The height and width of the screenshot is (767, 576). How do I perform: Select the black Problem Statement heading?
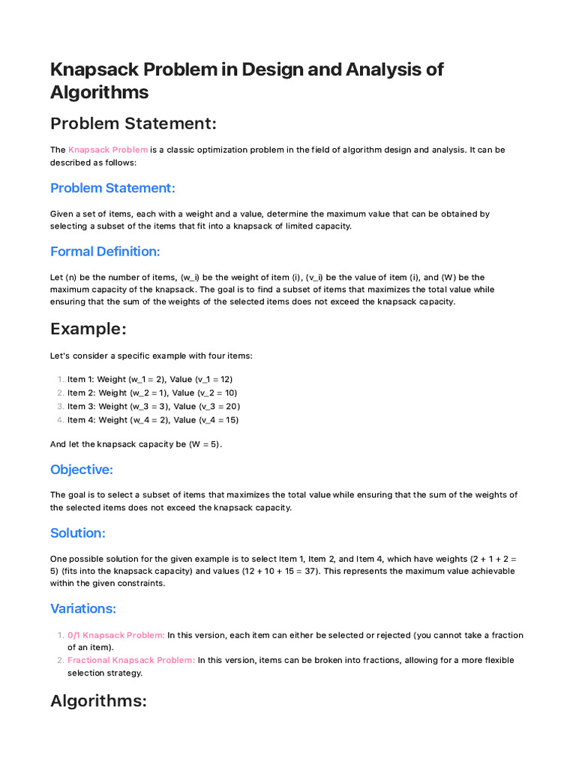pos(133,123)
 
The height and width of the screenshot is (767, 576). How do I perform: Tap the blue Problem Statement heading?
pos(112,187)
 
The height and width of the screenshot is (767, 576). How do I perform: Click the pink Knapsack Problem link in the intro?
pos(108,150)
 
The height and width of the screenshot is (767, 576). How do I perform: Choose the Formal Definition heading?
pos(105,251)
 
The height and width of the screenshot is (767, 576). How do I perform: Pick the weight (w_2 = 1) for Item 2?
pos(141,392)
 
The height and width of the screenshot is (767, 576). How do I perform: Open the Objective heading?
pos(82,470)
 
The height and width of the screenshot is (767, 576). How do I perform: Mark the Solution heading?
pos(78,533)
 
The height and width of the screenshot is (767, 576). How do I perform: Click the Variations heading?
pos(83,608)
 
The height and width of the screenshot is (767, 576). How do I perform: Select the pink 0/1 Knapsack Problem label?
pos(116,635)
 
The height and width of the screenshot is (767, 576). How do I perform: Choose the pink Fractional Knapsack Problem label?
pos(131,660)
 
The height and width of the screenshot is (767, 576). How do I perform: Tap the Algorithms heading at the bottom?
pos(97,701)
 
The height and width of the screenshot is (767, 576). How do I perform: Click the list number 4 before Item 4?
pos(60,419)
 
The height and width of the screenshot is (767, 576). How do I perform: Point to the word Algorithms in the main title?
pos(99,92)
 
